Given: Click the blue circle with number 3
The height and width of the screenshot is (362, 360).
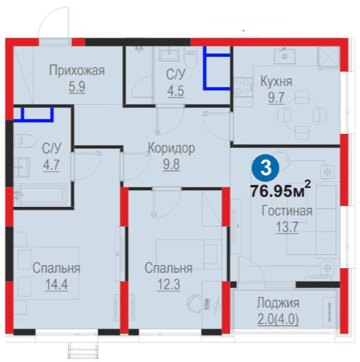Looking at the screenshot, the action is click(265, 168).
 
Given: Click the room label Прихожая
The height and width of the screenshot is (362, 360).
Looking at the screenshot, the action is click(77, 71).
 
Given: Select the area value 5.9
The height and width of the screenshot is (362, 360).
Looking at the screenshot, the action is click(77, 87).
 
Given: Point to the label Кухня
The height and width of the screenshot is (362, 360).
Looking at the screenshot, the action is click(276, 81).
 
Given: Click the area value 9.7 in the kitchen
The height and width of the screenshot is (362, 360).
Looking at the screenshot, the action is click(276, 98).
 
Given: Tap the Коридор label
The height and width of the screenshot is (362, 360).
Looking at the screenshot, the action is click(171, 148).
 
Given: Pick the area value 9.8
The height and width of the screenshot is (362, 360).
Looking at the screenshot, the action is click(171, 164).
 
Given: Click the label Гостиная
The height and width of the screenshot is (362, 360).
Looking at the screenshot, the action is click(287, 210).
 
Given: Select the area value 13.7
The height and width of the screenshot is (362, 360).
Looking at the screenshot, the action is click(287, 227).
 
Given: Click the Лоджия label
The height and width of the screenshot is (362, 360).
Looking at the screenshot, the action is click(278, 303).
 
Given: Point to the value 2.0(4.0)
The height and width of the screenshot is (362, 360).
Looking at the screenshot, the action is click(278, 319).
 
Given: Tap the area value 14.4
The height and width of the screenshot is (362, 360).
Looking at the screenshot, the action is click(56, 284).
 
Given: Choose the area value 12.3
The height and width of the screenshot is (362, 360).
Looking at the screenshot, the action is click(168, 284).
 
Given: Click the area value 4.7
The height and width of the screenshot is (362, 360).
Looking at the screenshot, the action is click(52, 165).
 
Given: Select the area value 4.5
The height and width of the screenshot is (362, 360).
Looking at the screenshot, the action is click(176, 91).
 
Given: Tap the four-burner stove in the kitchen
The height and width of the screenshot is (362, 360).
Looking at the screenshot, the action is click(243, 87).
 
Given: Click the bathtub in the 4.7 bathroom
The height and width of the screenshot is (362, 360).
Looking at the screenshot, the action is click(41, 195).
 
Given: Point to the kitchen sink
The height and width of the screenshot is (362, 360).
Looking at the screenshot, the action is click(285, 56).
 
